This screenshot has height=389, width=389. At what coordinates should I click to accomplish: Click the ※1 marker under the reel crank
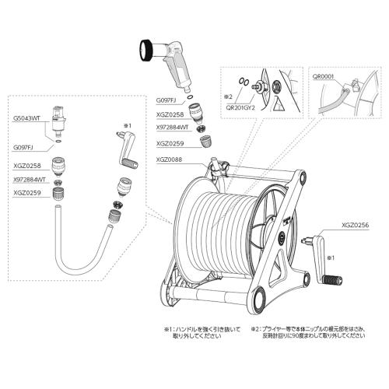coord(331,256)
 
